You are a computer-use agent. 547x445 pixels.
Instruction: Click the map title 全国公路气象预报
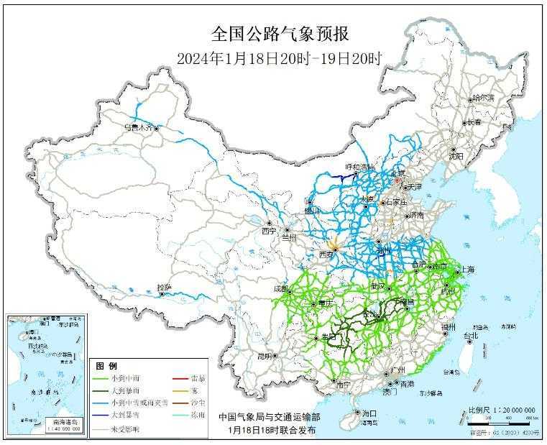280,34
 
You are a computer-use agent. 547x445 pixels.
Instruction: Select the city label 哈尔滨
482,98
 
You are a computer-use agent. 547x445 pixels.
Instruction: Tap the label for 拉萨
165,288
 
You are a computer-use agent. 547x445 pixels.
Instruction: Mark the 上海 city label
466,270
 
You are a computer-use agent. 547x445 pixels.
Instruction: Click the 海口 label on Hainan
369,414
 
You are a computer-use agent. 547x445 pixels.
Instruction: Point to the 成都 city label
280,289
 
